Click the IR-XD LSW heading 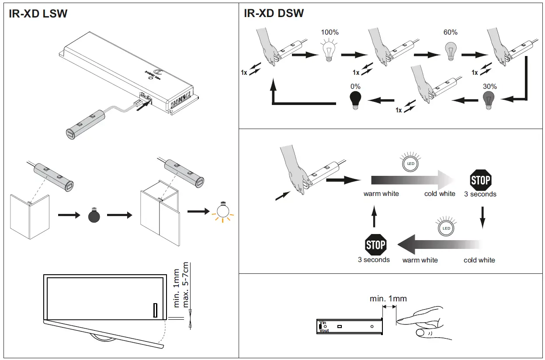click(x=38, y=14)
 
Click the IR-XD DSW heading click(x=274, y=14)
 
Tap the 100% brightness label click(x=330, y=32)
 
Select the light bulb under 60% click(x=450, y=50)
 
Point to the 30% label click(x=489, y=86)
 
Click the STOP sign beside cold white click(x=480, y=180)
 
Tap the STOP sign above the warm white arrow click(x=375, y=245)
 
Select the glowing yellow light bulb click(x=223, y=211)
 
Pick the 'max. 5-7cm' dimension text click(x=185, y=285)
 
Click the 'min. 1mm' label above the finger click(x=388, y=299)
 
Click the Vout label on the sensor click(x=324, y=331)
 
